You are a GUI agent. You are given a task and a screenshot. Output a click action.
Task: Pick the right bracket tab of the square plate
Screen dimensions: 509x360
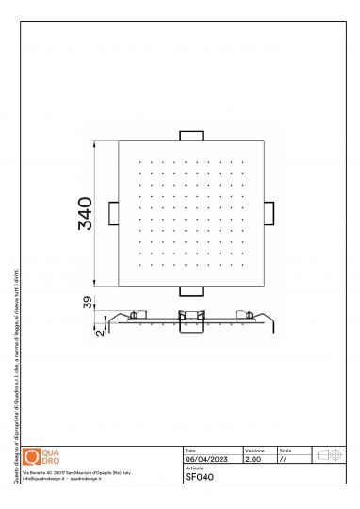(270, 212)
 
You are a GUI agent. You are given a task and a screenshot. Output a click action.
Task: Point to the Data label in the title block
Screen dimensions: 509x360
(190, 452)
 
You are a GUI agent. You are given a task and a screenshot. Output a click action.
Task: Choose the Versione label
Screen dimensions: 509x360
(254, 452)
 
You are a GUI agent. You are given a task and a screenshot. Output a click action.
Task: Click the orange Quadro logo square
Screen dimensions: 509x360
(32, 456)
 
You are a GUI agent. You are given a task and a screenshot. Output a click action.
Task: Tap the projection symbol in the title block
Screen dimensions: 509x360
(329, 455)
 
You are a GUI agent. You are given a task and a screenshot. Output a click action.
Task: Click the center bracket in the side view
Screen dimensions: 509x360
(192, 318)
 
